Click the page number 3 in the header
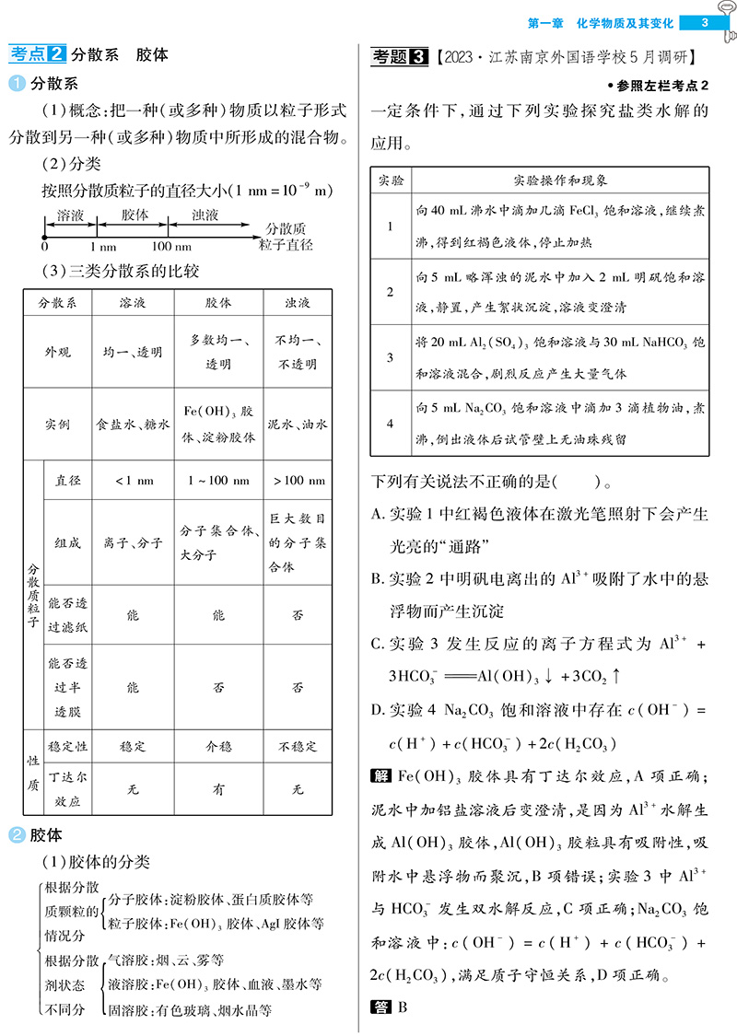coord(705,22)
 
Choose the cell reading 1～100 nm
coord(217,481)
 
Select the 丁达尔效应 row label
coord(68,788)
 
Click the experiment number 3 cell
coord(390,358)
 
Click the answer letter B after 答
coord(402,1007)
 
